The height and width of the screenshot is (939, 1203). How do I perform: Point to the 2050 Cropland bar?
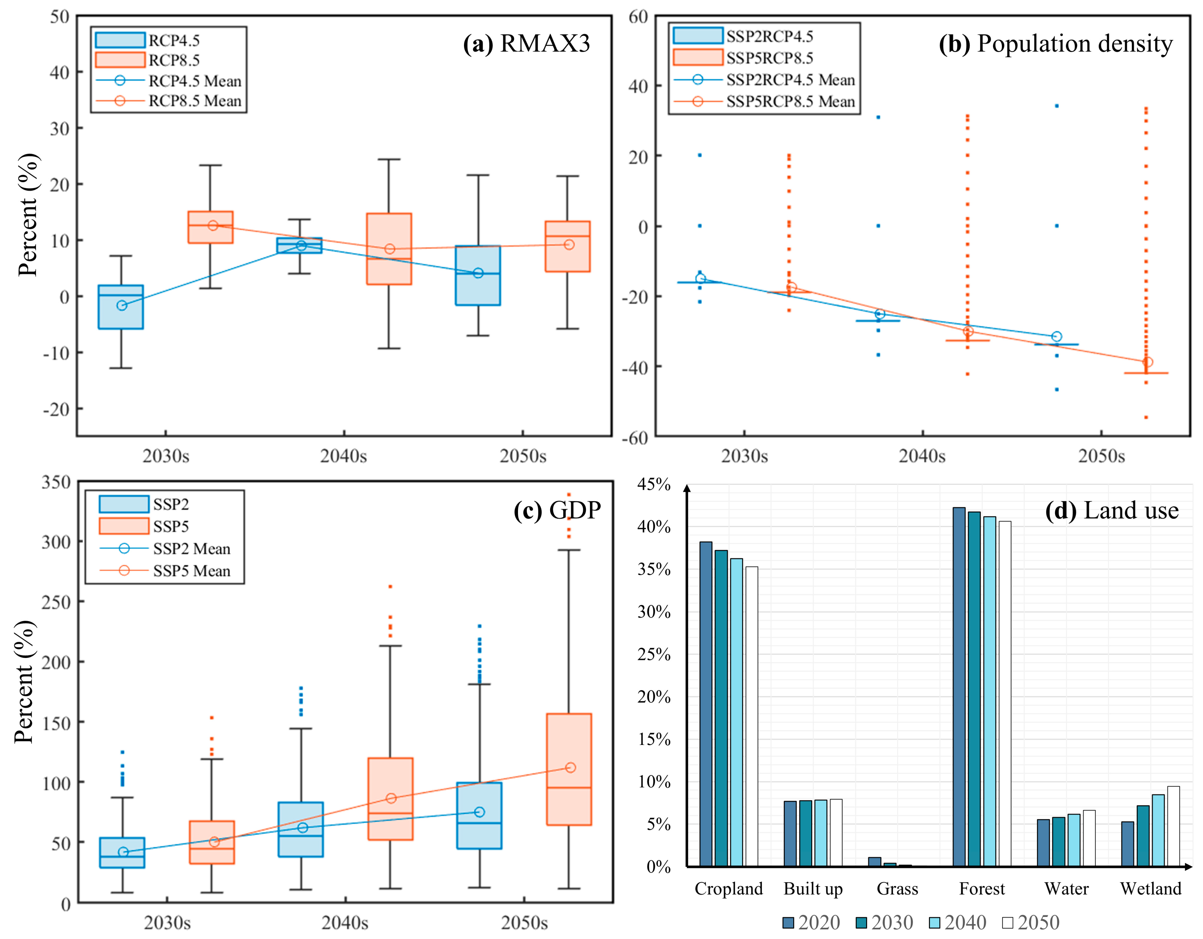[x=751, y=716]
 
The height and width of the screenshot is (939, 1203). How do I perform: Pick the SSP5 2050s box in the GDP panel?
[x=569, y=769]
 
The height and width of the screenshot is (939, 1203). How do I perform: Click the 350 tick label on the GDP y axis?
[x=56, y=482]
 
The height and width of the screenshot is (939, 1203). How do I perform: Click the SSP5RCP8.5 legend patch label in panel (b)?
[x=769, y=58]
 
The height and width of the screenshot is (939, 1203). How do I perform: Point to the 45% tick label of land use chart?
[x=654, y=485]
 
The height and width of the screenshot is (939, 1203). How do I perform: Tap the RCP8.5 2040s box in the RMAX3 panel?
[x=389, y=249]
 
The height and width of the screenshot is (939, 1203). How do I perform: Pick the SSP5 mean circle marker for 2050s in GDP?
[x=570, y=768]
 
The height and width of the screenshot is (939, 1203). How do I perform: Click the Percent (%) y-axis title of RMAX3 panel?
[x=27, y=215]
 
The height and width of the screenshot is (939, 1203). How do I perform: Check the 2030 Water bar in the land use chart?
[x=1058, y=841]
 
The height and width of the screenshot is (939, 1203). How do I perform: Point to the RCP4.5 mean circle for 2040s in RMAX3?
[x=301, y=246]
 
